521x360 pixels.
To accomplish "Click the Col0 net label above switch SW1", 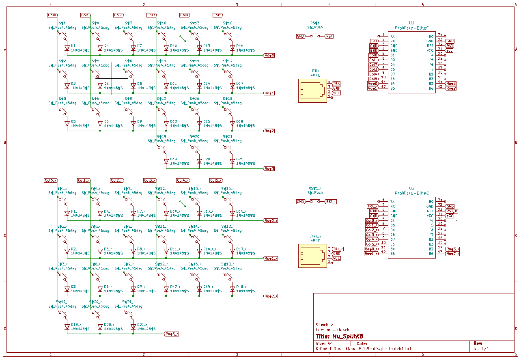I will (52, 15).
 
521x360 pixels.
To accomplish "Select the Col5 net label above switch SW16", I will (217, 15).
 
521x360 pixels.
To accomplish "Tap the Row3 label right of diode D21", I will (269, 168).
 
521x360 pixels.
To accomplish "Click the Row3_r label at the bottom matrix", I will (172, 334).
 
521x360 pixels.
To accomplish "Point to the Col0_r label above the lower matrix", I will (51, 180).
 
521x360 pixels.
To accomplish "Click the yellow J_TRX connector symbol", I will (312, 90).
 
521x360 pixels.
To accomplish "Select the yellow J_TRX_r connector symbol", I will (312, 255).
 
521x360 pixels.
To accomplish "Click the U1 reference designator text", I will (411, 23).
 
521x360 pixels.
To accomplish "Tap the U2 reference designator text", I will (411, 188).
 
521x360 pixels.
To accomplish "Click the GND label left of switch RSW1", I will (300, 36).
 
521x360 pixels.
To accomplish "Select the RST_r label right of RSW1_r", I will (331, 201).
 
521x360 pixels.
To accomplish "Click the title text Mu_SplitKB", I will (339, 336).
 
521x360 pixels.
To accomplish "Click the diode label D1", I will (73, 46).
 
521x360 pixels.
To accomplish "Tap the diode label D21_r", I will (142, 324).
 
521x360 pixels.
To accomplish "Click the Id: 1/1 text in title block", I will (481, 349).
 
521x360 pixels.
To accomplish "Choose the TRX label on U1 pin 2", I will (374, 41).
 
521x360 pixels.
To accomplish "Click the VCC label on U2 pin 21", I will (450, 216).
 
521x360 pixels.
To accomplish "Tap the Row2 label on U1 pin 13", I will (451, 88).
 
